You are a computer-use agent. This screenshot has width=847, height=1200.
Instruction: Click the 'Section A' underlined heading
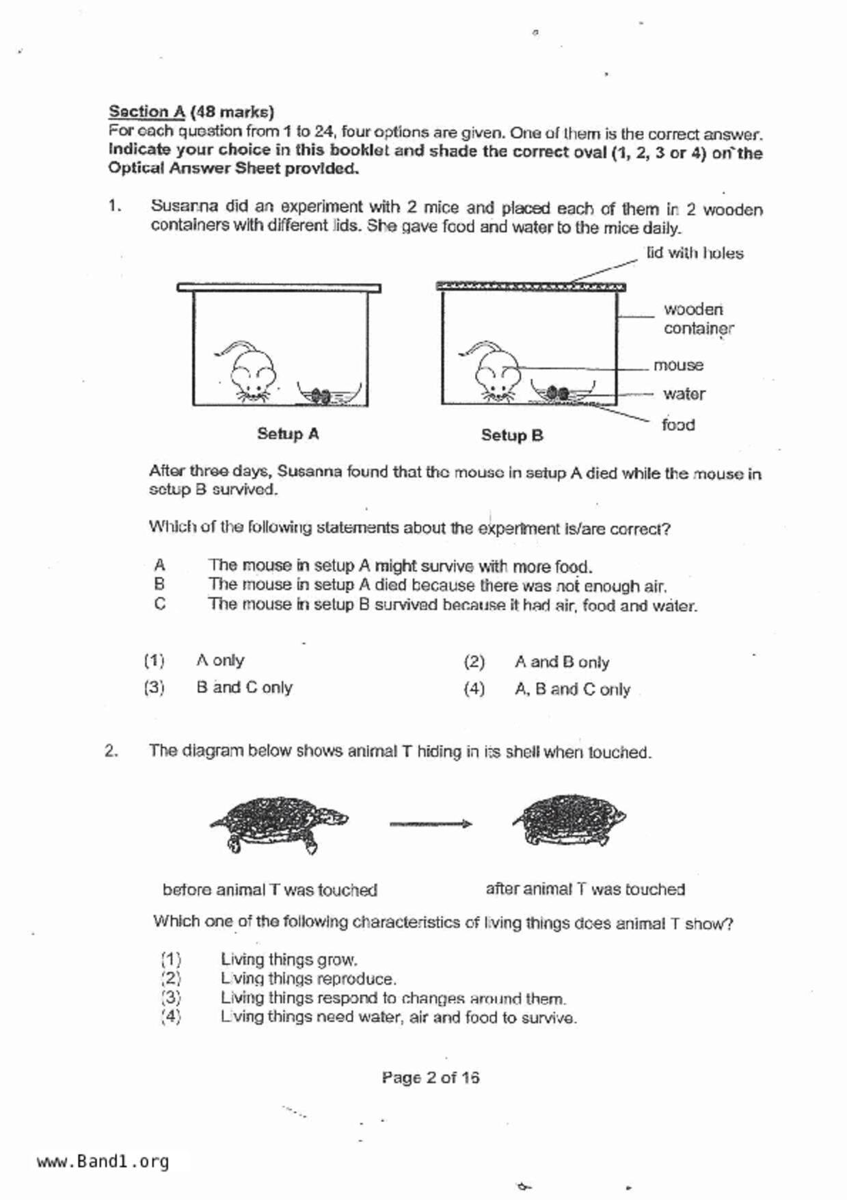pos(147,112)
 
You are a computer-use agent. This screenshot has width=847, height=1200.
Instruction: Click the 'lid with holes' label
pos(695,253)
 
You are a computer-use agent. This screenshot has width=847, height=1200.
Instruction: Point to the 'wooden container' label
pos(697,319)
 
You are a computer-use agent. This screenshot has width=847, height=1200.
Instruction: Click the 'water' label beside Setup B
pos(684,394)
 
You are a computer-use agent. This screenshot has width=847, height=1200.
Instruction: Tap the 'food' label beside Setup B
pos(678,425)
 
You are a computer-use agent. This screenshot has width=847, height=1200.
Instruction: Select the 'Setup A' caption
pos(288,434)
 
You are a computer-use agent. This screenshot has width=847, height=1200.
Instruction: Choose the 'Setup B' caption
pos(512,435)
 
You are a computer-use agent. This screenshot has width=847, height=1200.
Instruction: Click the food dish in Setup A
pos(329,395)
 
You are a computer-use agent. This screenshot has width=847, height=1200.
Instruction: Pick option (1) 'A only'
pos(219,661)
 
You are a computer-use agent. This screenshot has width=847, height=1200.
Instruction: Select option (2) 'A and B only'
pos(561,662)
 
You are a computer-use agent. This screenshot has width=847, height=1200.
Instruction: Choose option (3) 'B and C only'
pos(244,688)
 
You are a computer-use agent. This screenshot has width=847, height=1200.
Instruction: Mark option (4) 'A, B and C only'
pos(572,690)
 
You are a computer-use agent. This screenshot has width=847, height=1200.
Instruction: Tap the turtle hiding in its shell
pos(569,820)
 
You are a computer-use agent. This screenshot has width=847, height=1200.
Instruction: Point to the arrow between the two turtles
pos(431,824)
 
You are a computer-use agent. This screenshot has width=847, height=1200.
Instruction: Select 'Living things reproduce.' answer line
pos(308,979)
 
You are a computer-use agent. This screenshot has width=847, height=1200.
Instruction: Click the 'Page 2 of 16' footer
pos(431,1078)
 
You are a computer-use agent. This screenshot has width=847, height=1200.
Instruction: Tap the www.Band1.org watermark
pos(103,1162)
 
